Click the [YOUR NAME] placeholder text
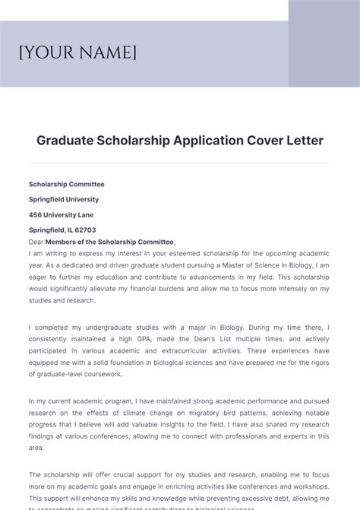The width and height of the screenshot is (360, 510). [77, 52]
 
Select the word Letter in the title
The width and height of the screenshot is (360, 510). [304, 141]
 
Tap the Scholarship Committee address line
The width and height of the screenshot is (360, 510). [67, 184]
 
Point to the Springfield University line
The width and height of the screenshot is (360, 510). [64, 199]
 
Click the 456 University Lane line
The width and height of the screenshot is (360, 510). [62, 214]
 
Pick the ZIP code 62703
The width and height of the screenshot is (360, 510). [85, 230]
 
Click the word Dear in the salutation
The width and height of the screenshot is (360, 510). [36, 241]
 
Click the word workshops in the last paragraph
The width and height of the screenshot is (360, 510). [308, 486]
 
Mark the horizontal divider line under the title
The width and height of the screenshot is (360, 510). [179, 163]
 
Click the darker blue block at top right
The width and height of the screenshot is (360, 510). [324, 43]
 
